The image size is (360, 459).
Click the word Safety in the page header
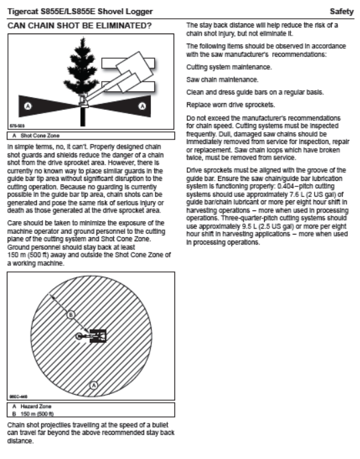click(341, 11)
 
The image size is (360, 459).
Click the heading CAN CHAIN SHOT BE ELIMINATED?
click(79, 25)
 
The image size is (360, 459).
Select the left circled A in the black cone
click(28, 106)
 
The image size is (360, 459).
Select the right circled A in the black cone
click(142, 106)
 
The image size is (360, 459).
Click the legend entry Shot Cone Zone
click(40, 135)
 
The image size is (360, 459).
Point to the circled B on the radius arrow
click(71, 315)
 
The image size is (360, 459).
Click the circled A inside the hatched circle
click(93, 385)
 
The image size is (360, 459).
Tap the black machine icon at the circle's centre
click(98, 336)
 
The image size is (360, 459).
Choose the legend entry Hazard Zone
click(36, 406)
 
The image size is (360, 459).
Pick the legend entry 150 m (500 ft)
click(37, 413)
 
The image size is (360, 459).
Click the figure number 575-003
click(17, 126)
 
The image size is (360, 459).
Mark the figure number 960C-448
click(19, 397)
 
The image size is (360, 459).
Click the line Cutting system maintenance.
click(229, 67)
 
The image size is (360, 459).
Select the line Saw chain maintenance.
click(223, 80)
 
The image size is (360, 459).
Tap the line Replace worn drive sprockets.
click(231, 105)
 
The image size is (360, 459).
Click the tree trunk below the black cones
click(83, 117)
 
